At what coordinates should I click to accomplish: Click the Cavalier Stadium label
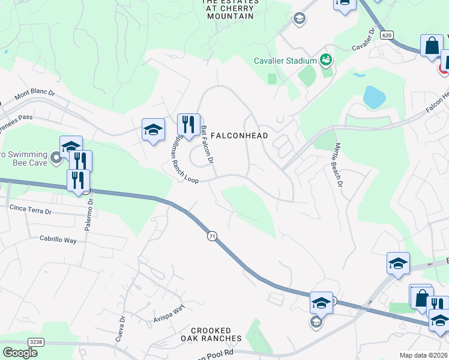285,61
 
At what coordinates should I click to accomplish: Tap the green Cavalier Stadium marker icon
326,60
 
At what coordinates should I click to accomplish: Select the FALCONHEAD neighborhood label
239,136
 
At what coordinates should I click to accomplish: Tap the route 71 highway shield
212,236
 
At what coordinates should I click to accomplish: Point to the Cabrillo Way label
58,239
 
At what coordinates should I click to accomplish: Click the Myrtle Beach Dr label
339,165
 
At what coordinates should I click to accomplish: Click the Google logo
20,353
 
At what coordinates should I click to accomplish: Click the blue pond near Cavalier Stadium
374,96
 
